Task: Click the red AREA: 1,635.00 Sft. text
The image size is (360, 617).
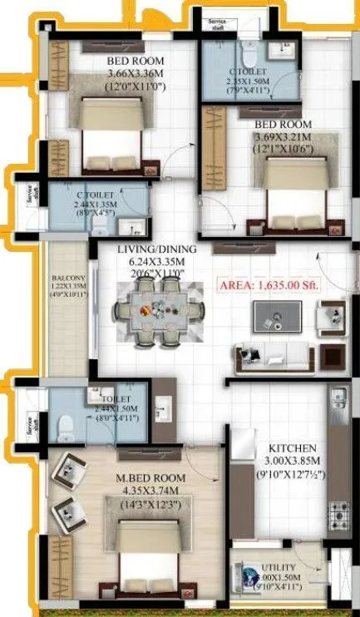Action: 269,284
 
